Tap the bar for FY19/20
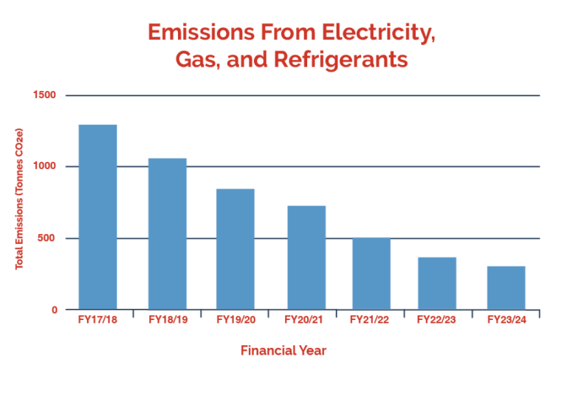click(x=235, y=249)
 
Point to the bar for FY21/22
click(x=371, y=273)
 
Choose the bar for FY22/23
click(x=436, y=283)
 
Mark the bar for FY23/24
click(x=506, y=287)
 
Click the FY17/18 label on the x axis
click(x=97, y=320)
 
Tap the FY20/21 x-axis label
click(x=306, y=320)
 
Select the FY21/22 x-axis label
click(x=371, y=320)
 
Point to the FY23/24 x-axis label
click(x=506, y=320)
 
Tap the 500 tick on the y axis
click(x=47, y=238)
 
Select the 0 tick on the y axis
click(x=54, y=310)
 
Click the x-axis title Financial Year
click(x=283, y=351)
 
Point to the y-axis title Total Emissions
click(x=20, y=199)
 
